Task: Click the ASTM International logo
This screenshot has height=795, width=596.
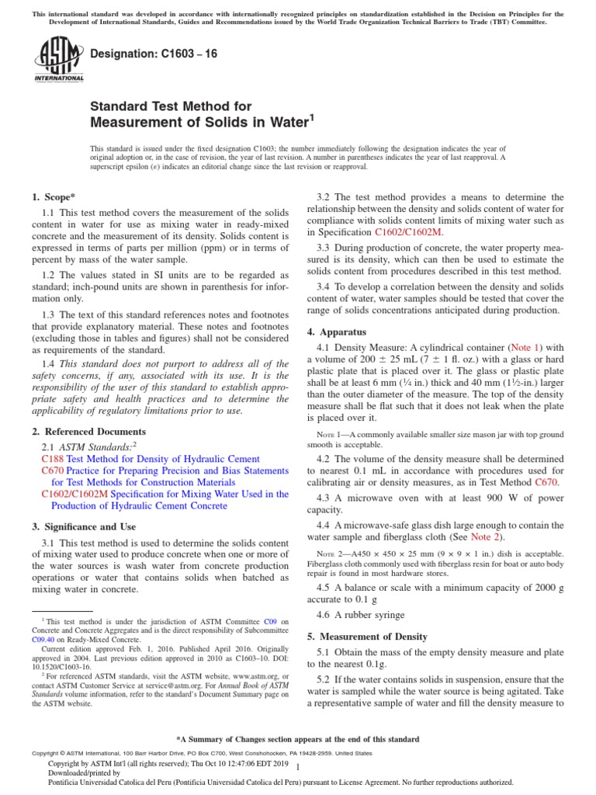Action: [x=59, y=61]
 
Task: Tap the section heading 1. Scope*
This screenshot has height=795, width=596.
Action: [x=54, y=198]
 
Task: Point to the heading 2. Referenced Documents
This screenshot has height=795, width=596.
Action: [x=88, y=432]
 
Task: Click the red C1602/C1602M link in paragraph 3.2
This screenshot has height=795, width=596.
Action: [x=409, y=232]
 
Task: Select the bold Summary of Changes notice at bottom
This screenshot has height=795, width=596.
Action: [x=298, y=739]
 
